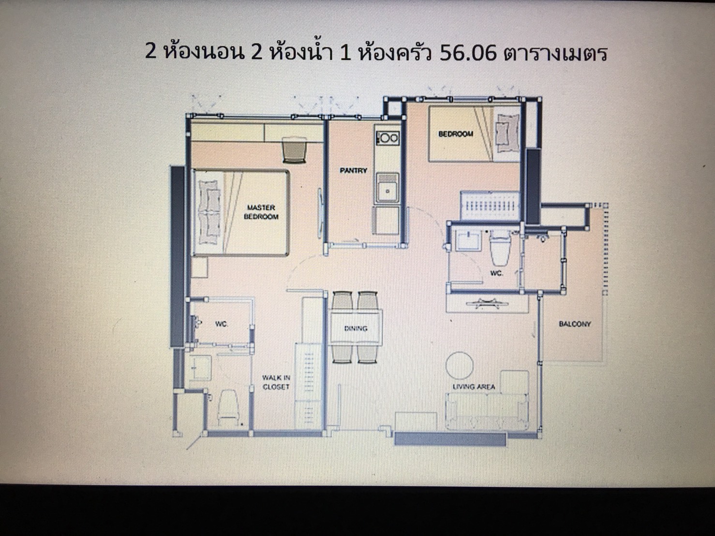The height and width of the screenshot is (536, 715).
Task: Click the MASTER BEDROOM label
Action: pos(261,212)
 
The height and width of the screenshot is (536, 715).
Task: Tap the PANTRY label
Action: pos(354,170)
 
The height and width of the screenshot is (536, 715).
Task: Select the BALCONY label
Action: pos(575,324)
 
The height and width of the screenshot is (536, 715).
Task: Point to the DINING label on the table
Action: pos(356,328)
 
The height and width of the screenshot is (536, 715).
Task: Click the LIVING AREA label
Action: pos(474,387)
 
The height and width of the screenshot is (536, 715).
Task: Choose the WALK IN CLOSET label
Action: pos(276,382)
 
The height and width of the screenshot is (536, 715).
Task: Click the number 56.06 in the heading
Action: pos(468,53)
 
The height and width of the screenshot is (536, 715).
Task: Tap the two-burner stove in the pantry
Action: pos(387,138)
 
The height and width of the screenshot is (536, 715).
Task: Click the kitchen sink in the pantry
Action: pos(387,188)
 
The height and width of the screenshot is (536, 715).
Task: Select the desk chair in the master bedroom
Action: pos(294,149)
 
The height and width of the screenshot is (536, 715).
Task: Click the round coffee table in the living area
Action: pos(459,365)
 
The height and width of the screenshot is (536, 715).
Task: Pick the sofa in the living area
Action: pos(487,411)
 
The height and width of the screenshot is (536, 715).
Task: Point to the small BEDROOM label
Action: pos(455,134)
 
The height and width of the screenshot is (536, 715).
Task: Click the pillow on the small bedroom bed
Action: pos(507,133)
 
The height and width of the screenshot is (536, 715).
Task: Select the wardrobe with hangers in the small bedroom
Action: pos(490,206)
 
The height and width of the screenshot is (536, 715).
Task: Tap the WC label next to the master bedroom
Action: pos(222,324)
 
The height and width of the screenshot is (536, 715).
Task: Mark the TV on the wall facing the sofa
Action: pos(487,303)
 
